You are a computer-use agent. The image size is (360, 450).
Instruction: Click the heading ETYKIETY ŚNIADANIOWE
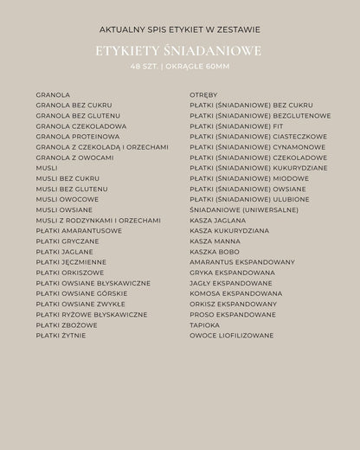click(x=179, y=51)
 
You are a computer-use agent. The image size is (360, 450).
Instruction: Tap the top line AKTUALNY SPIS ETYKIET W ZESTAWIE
click(x=179, y=29)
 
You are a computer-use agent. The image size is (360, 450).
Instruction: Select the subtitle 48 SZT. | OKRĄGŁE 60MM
click(x=179, y=66)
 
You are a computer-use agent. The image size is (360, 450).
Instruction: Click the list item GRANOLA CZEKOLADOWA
click(x=81, y=126)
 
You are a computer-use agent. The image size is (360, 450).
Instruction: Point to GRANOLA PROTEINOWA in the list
click(x=78, y=137)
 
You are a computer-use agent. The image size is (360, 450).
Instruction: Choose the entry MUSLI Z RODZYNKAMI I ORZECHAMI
click(x=98, y=221)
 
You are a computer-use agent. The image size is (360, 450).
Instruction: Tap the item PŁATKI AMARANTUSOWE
click(x=79, y=231)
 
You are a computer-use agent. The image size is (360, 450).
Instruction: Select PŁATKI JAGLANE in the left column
click(x=64, y=252)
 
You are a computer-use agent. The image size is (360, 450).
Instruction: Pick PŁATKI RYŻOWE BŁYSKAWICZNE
click(x=92, y=315)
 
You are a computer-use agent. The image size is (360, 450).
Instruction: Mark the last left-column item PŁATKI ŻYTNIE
click(x=61, y=336)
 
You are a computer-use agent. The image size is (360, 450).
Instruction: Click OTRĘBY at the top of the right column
click(x=204, y=94)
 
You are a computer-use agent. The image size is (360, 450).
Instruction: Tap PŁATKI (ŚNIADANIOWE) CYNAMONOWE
click(x=258, y=147)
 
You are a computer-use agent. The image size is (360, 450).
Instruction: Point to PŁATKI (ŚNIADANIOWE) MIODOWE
click(x=249, y=178)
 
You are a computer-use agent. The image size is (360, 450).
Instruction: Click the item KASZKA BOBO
click(x=215, y=252)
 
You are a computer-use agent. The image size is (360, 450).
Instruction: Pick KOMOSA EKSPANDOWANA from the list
click(x=235, y=293)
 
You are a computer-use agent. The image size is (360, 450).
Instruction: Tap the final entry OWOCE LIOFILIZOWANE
click(x=232, y=336)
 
